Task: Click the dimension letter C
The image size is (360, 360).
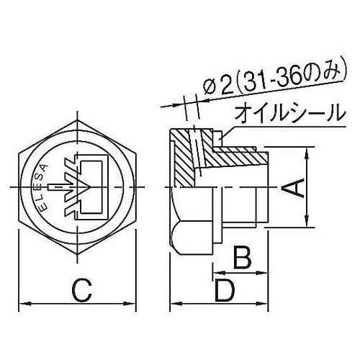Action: click(x=82, y=292)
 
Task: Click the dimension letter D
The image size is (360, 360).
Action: click(x=225, y=292)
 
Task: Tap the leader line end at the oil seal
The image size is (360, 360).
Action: click(x=225, y=133)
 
